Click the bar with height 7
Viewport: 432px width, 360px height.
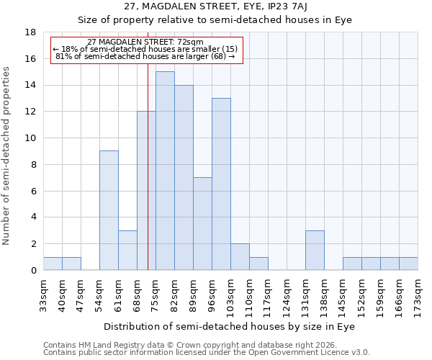202,223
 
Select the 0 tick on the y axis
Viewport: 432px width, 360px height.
33,271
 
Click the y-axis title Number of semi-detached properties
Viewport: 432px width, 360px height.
7,156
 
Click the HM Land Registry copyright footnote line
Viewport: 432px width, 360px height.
207,345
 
